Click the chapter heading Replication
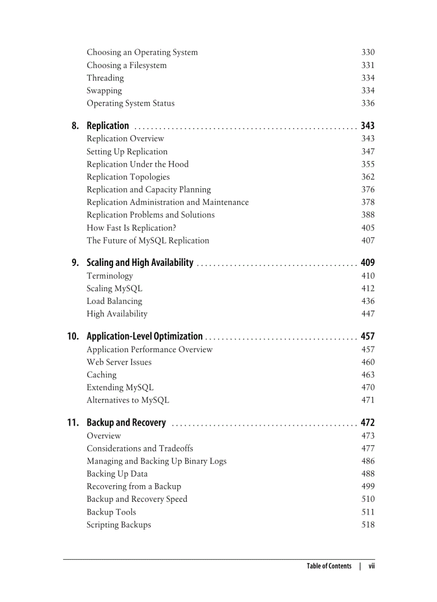point(108,126)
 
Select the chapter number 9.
point(76,263)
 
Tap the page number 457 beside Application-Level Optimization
point(367,337)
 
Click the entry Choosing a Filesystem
point(126,65)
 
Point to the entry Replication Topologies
point(128,177)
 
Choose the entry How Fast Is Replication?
point(131,228)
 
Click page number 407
point(367,241)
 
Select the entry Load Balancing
point(114,301)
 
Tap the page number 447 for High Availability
point(367,314)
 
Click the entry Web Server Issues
point(119,362)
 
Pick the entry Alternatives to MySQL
point(127,400)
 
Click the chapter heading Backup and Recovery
point(126,423)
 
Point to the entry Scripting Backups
point(118,525)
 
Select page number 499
point(367,487)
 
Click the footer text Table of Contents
point(329,566)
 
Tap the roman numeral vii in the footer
point(371,566)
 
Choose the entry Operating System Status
point(130,103)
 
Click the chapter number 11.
point(73,423)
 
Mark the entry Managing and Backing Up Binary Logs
point(156,461)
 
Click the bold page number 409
point(367,263)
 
